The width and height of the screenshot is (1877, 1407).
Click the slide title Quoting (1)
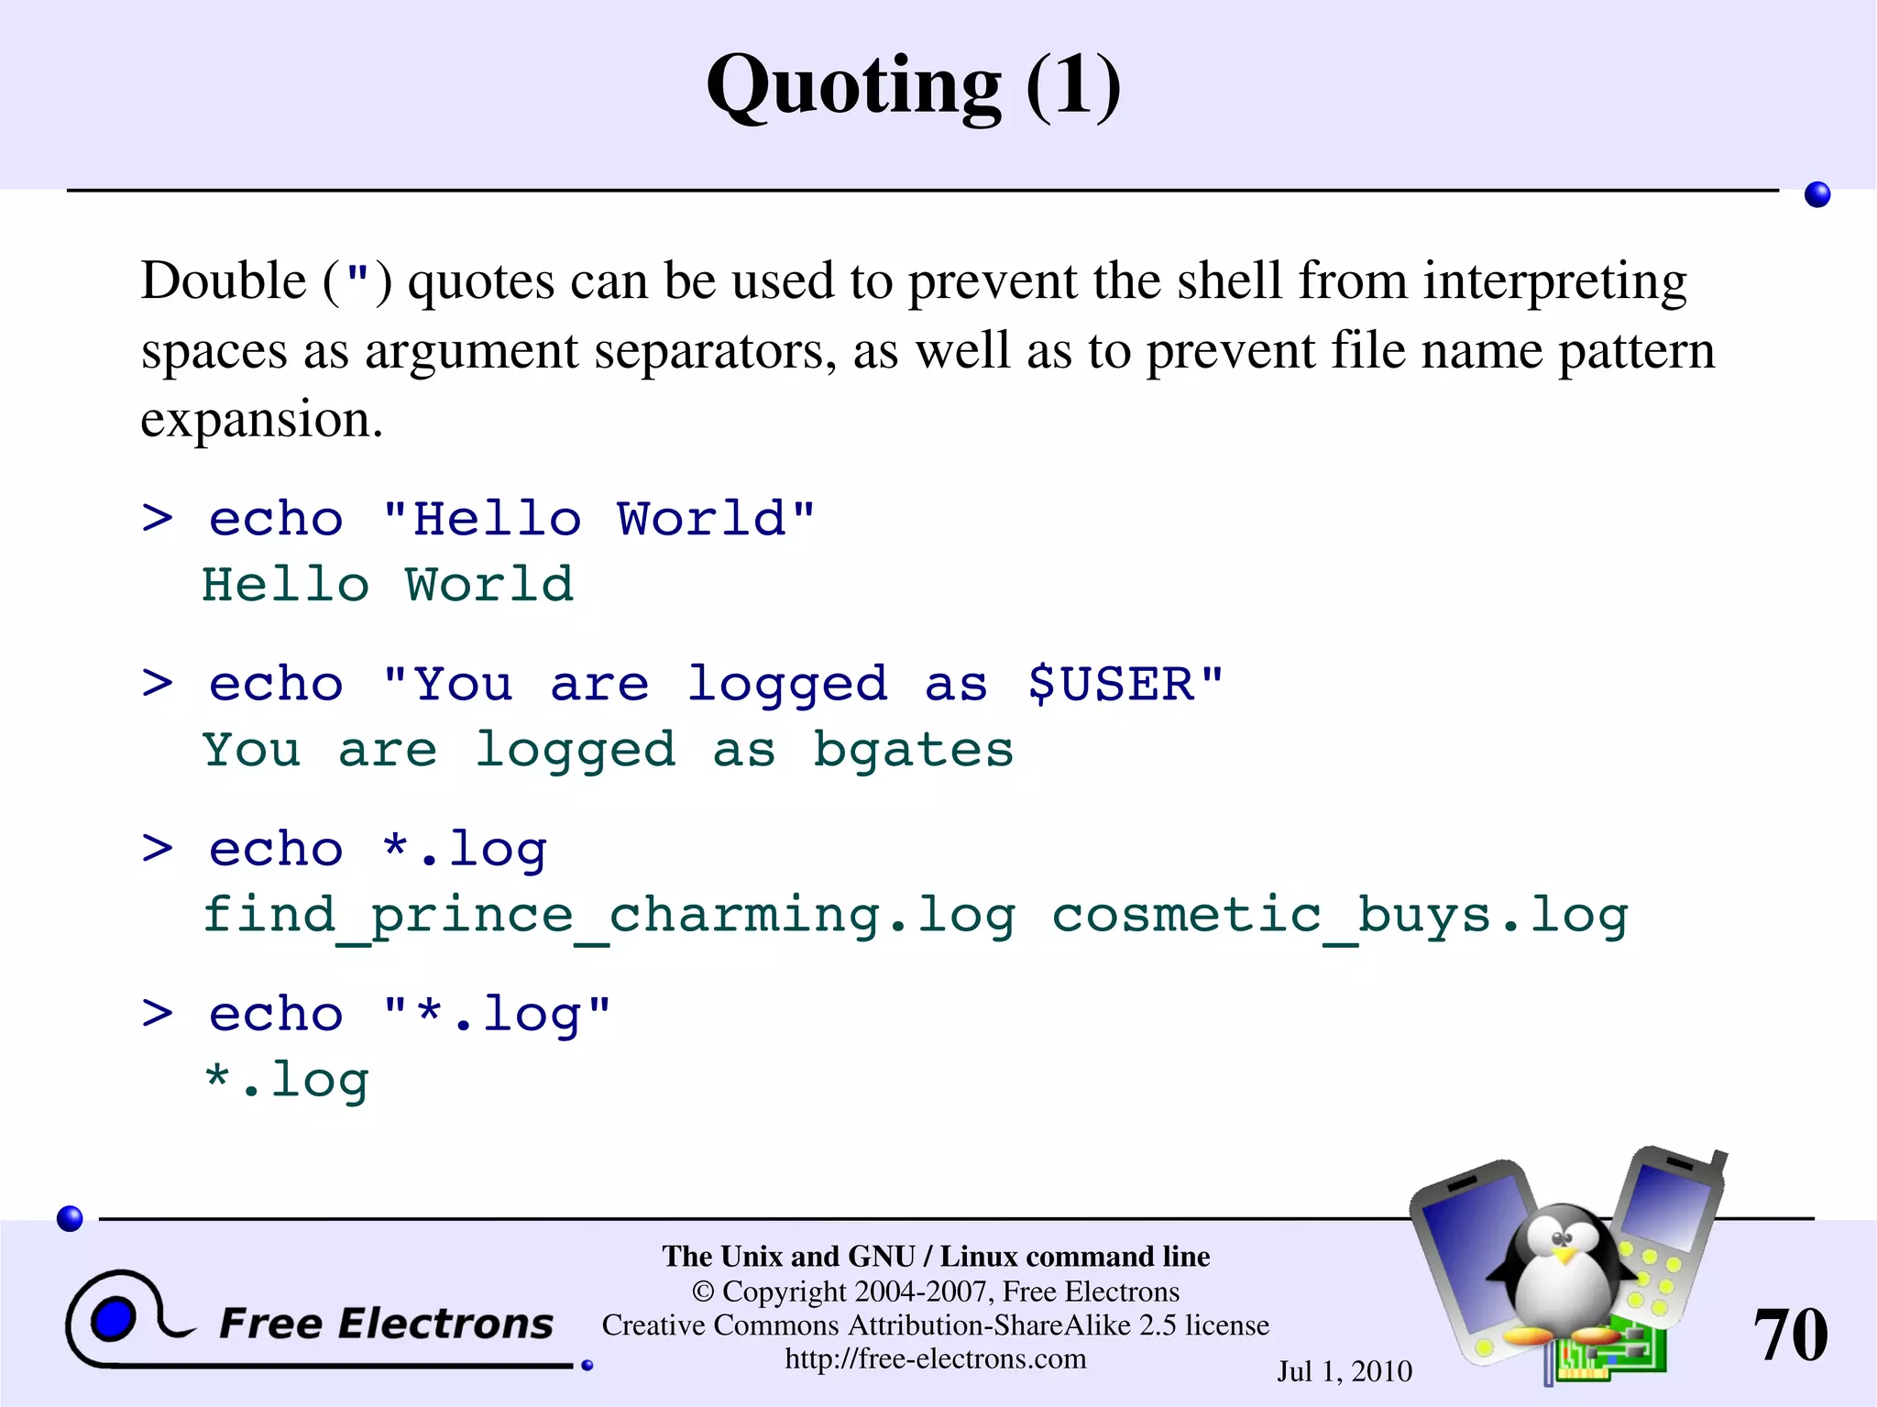click(x=914, y=86)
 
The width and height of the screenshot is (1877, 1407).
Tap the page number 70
click(x=1790, y=1335)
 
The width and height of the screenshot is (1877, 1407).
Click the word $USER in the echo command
click(x=1111, y=684)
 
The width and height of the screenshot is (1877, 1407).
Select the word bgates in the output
click(x=913, y=751)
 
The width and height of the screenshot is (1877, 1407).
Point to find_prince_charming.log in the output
click(x=609, y=916)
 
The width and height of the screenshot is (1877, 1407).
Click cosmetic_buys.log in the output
click(x=1339, y=916)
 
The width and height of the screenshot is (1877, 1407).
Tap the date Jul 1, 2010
click(x=1345, y=1371)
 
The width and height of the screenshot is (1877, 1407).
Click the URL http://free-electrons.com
click(x=935, y=1358)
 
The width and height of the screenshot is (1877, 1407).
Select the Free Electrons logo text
click(x=386, y=1324)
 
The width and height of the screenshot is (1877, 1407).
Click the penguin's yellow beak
click(x=1565, y=1253)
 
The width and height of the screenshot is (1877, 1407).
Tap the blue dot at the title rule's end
click(x=1817, y=194)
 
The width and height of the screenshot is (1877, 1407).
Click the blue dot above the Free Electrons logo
click(x=70, y=1218)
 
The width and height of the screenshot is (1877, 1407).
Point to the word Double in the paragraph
click(x=223, y=280)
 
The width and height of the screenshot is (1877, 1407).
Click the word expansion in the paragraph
click(x=261, y=420)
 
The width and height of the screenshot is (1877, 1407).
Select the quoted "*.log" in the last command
click(x=496, y=1015)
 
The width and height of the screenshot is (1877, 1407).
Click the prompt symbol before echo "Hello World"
click(x=158, y=519)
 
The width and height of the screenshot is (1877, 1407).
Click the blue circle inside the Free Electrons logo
click(x=114, y=1319)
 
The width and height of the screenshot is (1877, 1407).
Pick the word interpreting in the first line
click(x=1554, y=280)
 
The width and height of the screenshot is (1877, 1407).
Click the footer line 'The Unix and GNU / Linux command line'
click(x=936, y=1256)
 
